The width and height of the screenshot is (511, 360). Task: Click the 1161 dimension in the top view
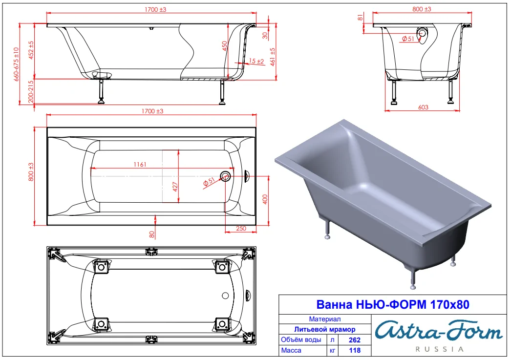(x=140, y=164)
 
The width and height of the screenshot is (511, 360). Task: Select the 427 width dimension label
(x=175, y=187)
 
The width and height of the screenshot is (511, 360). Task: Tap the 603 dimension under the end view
(x=423, y=107)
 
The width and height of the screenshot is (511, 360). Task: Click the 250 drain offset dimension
(x=241, y=228)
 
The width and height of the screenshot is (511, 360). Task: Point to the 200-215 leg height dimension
(x=31, y=92)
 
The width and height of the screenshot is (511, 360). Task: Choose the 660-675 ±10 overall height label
(x=16, y=64)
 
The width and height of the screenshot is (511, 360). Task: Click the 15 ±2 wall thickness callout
(x=256, y=61)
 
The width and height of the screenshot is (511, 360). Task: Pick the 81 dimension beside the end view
(x=361, y=18)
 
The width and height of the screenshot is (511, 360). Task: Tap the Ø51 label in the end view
(x=408, y=39)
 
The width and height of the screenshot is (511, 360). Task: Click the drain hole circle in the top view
(x=225, y=176)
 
